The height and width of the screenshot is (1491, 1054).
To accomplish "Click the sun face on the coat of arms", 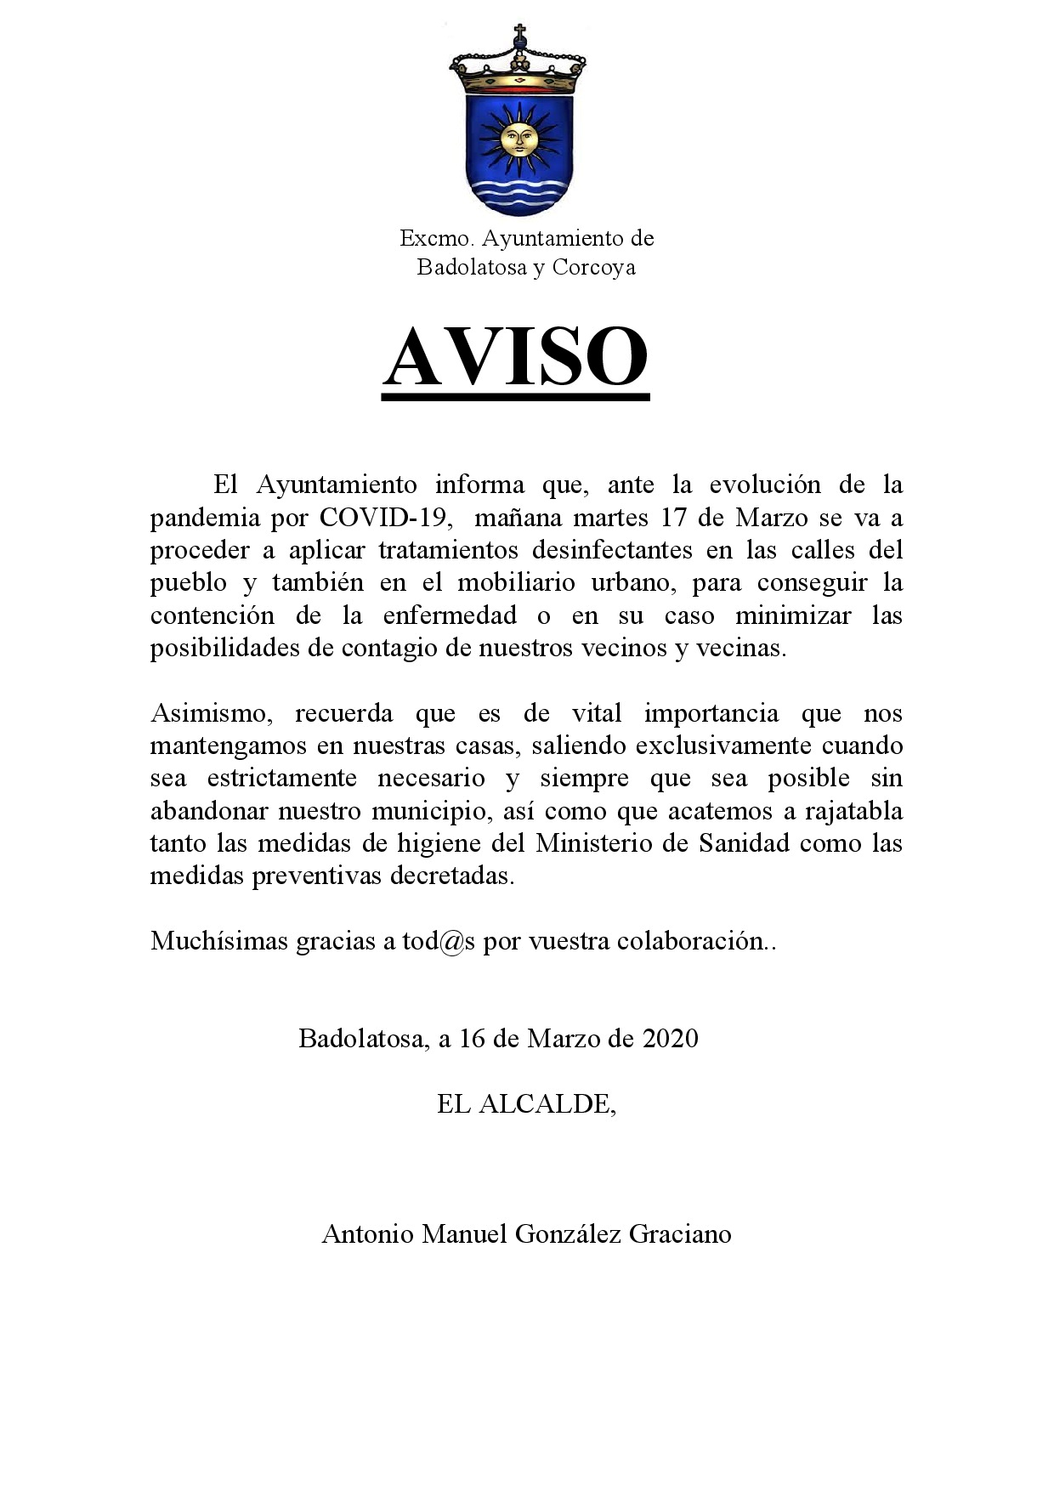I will [518, 138].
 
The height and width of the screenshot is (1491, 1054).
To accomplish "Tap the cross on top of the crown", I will [518, 34].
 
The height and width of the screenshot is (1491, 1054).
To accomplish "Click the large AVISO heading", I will [516, 357].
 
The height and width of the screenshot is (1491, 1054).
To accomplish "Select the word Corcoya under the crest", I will [593, 268].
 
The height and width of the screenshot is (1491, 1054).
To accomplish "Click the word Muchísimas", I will [218, 941].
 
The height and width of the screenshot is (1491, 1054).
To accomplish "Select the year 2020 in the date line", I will [671, 1039].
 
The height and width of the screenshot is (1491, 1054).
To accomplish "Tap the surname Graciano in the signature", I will [680, 1233].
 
